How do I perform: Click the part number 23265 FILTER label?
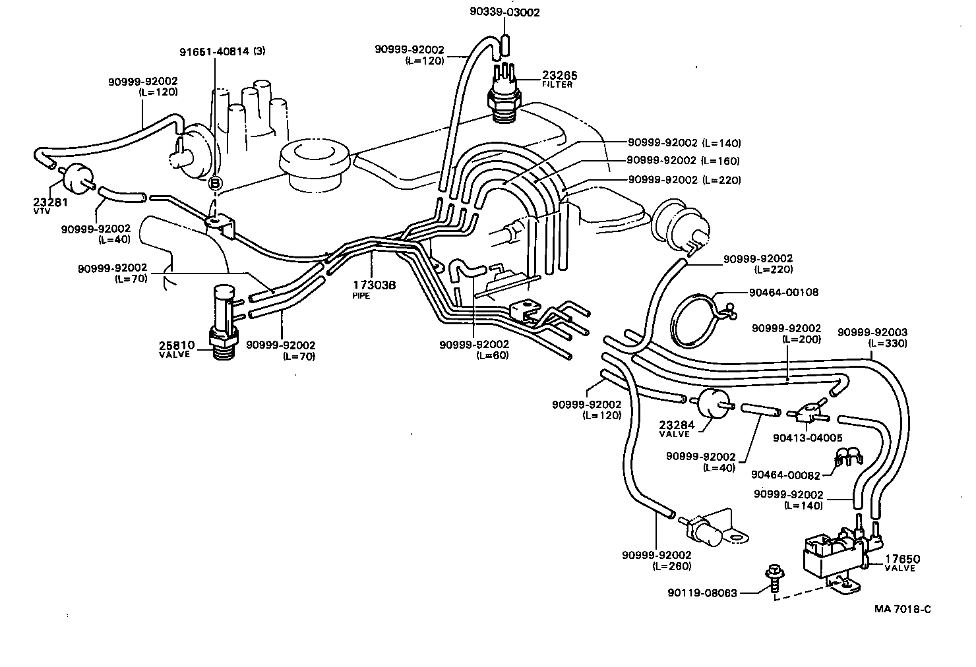point(559,79)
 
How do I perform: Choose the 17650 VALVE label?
point(901,563)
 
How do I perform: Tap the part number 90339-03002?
point(504,12)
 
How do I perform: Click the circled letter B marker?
point(215,183)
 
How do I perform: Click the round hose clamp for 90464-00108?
point(696,319)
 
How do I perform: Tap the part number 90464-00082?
point(785,475)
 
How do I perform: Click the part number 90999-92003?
point(872,332)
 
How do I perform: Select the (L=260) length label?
point(672,566)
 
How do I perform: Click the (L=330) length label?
point(887,343)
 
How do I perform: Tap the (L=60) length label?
point(492,355)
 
